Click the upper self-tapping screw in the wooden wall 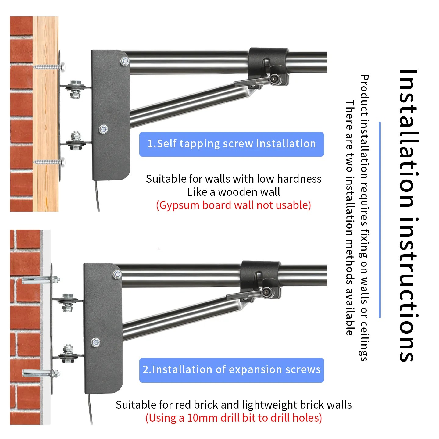[49, 67]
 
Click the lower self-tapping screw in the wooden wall [49, 162]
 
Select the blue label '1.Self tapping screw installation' [231, 144]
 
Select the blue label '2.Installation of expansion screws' [231, 370]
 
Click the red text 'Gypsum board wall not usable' [234, 205]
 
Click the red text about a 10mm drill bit [234, 418]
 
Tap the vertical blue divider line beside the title [380, 220]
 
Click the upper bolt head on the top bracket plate [125, 61]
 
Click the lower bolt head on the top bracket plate [103, 129]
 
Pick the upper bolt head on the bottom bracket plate [117, 274]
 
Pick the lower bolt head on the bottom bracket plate [95, 342]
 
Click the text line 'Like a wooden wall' [234, 192]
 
